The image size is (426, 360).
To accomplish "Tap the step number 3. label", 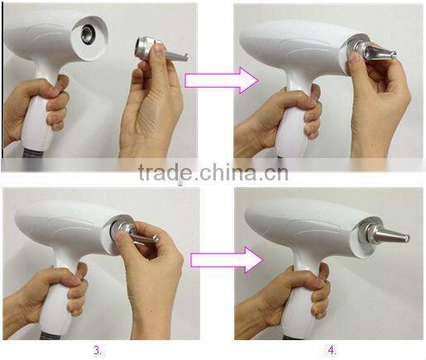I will pos(98,350).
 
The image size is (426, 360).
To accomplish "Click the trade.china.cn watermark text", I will pos(213,174).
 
